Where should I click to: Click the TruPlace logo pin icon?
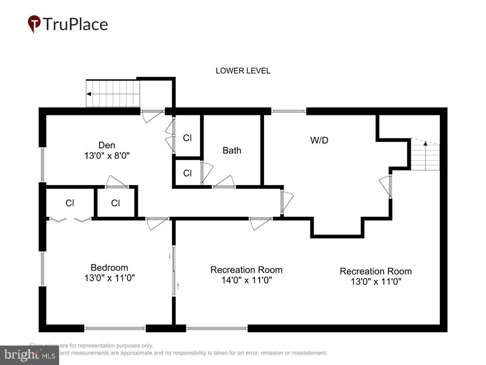point(34,23)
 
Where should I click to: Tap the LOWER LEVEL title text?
point(243,71)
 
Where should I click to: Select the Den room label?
point(107,145)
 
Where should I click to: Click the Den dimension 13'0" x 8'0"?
point(107,155)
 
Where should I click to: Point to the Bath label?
point(232,150)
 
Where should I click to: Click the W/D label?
point(319,141)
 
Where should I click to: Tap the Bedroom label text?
point(109,268)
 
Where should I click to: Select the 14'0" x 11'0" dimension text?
point(246,280)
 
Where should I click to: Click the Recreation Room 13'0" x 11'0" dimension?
point(375,281)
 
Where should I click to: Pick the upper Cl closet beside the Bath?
point(187,138)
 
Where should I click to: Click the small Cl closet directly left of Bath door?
point(187,173)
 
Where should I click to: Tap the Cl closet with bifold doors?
point(70,203)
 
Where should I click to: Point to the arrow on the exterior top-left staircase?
point(89,94)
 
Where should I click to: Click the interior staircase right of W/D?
point(425,156)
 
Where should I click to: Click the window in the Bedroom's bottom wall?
point(115,328)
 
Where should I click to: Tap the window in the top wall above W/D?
point(288,111)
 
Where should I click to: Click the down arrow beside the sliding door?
point(170,255)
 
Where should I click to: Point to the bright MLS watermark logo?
point(29,355)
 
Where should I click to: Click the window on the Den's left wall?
point(42,164)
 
